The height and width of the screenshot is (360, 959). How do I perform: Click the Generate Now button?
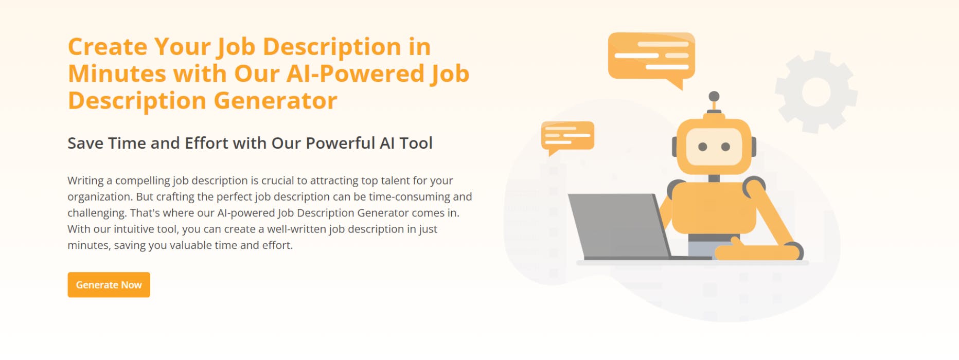[x=109, y=285]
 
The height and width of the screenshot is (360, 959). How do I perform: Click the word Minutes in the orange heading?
[x=116, y=74]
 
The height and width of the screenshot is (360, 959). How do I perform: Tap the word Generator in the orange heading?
[x=275, y=101]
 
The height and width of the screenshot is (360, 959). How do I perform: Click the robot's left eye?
[x=702, y=147]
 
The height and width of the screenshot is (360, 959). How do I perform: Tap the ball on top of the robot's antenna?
[x=714, y=97]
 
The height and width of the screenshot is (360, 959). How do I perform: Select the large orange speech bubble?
[x=651, y=56]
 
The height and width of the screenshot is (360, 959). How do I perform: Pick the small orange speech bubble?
[x=567, y=135]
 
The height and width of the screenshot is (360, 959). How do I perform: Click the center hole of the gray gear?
[x=815, y=92]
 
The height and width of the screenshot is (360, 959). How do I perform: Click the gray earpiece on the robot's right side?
[x=754, y=147]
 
